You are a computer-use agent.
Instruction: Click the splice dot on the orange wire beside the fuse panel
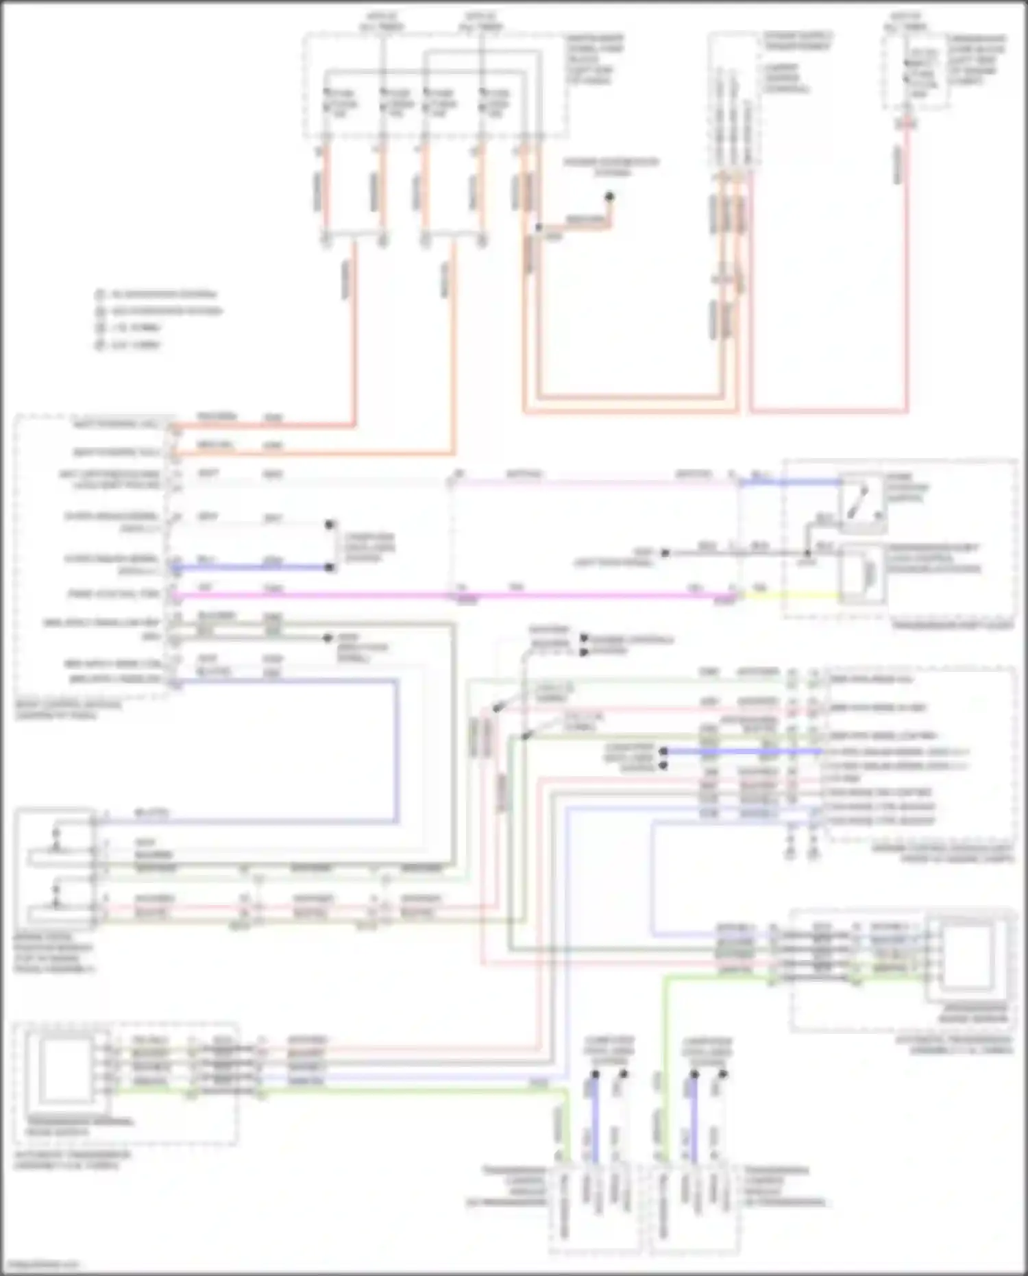click(x=539, y=228)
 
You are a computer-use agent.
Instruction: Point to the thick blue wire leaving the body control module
click(x=254, y=568)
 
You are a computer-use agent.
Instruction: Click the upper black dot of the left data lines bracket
click(x=330, y=525)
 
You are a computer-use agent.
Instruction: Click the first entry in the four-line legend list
click(x=158, y=294)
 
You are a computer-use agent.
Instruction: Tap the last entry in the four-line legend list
click(x=130, y=345)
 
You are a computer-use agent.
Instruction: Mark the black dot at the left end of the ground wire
click(x=663, y=553)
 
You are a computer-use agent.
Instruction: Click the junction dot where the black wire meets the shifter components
click(x=807, y=553)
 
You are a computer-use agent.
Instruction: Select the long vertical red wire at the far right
click(x=907, y=274)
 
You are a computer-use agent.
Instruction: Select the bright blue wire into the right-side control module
click(x=744, y=752)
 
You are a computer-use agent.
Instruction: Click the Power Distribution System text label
click(x=611, y=167)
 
